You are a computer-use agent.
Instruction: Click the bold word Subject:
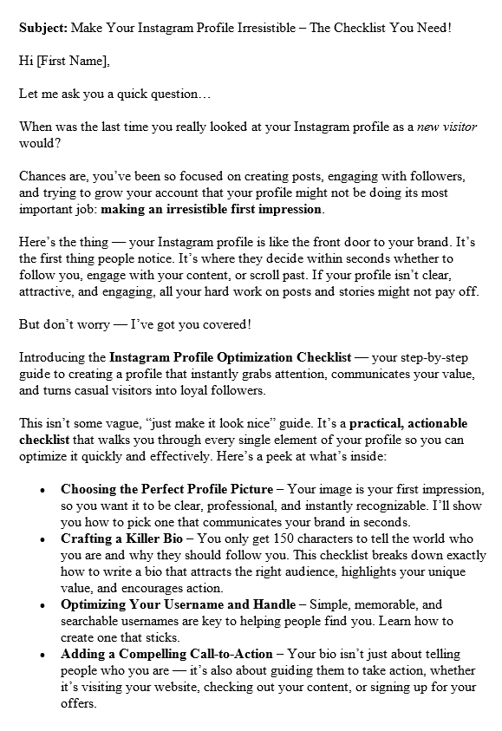tap(42, 28)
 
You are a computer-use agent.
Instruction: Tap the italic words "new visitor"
tap(447, 127)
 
